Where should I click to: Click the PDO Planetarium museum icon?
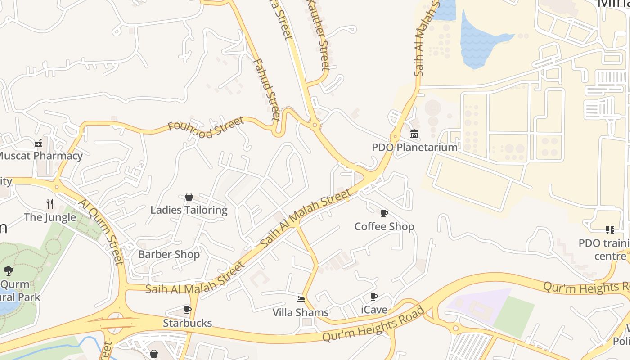pos(414,134)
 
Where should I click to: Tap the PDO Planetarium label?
pos(414,148)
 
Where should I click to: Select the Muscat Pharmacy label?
pos(40,156)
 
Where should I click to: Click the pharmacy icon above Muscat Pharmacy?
pos(39,144)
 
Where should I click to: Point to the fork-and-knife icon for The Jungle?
pos(50,204)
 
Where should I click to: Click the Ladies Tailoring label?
pos(189,210)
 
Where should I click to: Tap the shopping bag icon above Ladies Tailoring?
pos(189,197)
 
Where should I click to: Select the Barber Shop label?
pos(169,255)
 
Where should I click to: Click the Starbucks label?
pos(187,323)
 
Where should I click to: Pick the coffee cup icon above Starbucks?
pos(188,310)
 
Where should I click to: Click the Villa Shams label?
pos(301,312)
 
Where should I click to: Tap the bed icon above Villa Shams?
pos(301,299)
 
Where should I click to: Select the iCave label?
pos(374,310)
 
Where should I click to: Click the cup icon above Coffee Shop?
pos(384,213)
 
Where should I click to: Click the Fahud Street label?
pos(267,90)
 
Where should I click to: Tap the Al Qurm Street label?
pos(101,232)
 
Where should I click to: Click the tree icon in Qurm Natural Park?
pos(8,271)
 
